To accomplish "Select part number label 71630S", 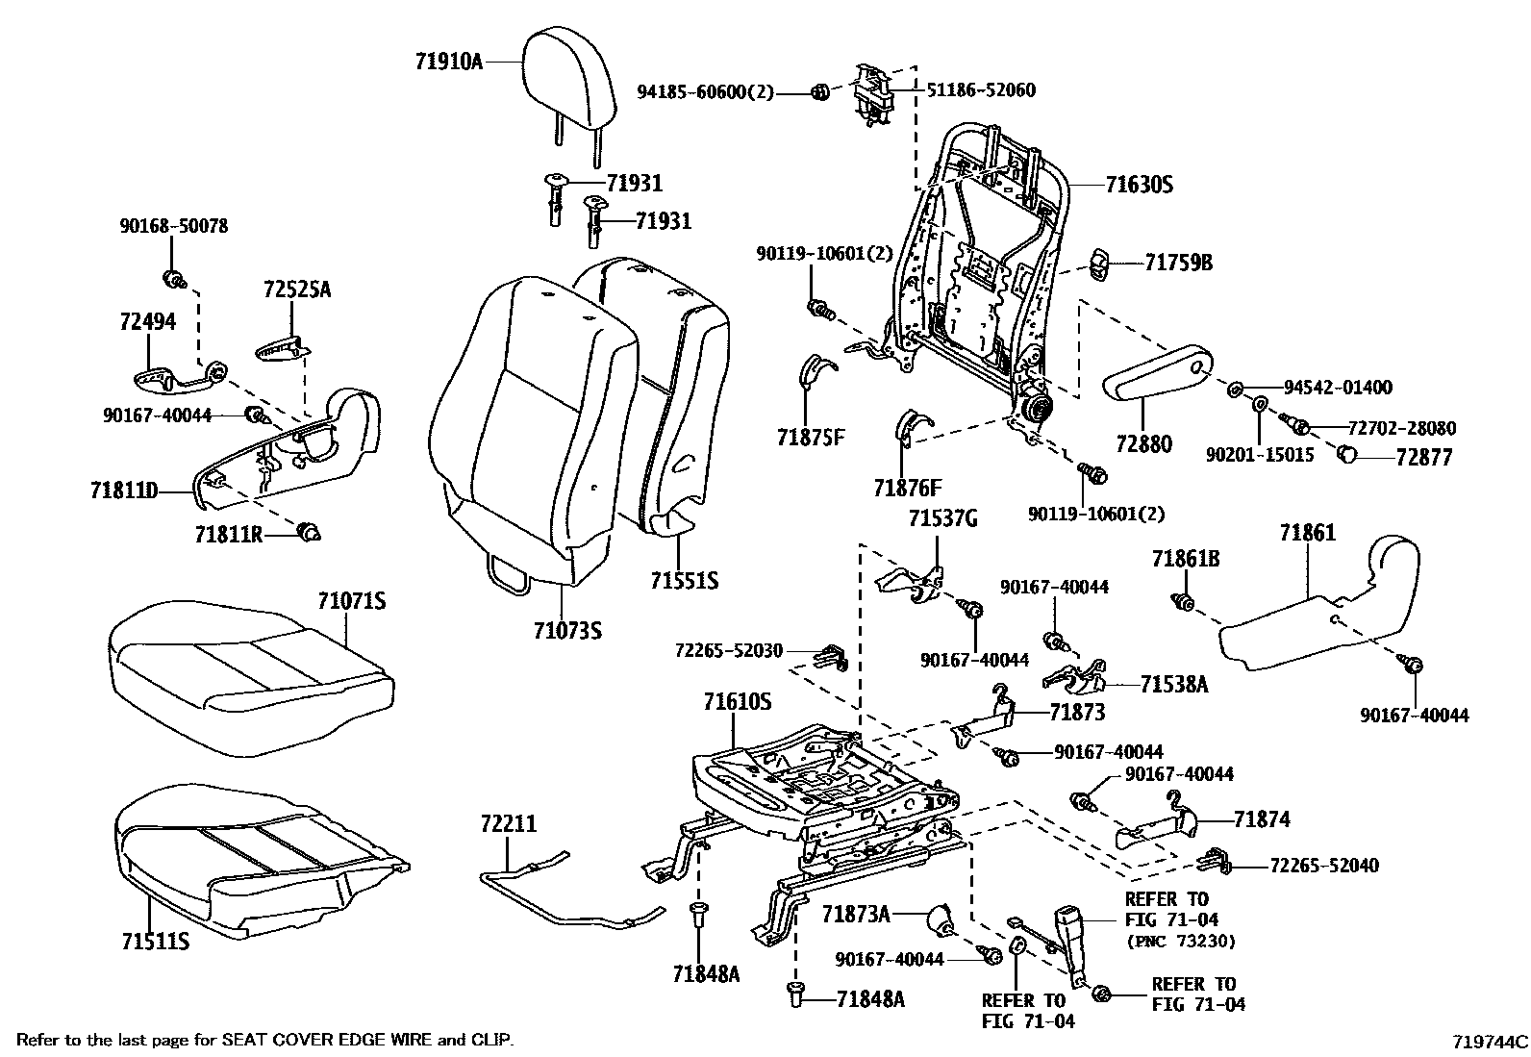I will click(1139, 185).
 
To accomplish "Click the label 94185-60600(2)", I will click(705, 92).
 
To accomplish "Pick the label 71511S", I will click(155, 940).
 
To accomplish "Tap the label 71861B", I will click(1186, 559).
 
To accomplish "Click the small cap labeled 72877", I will click(1349, 455).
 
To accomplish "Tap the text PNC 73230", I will click(1180, 941).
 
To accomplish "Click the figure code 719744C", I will click(1490, 1041).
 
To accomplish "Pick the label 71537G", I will click(942, 519).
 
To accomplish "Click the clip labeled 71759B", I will click(1102, 264).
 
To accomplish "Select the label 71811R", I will click(228, 534).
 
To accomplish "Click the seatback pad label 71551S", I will click(684, 580).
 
